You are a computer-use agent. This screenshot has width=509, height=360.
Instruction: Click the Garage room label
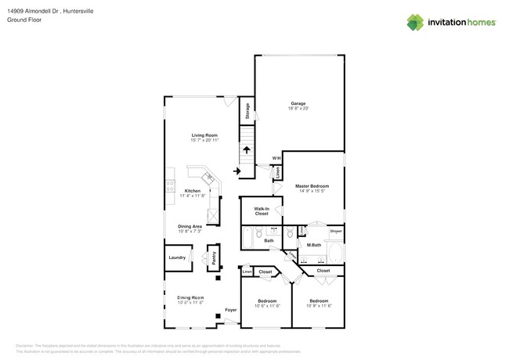pyautogui.click(x=298, y=103)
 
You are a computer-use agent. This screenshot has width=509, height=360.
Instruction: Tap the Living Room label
pyautogui.click(x=204, y=135)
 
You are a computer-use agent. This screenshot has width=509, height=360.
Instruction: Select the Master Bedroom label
pyautogui.click(x=312, y=185)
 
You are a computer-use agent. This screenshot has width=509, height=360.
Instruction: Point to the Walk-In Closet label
pyautogui.click(x=261, y=211)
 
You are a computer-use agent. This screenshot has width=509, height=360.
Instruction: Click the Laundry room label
pyautogui.click(x=176, y=257)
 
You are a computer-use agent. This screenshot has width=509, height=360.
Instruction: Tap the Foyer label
pyautogui.click(x=231, y=310)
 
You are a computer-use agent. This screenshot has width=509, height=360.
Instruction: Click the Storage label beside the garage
pyautogui.click(x=246, y=111)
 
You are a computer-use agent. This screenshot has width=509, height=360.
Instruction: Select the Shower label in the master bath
pyautogui.click(x=335, y=232)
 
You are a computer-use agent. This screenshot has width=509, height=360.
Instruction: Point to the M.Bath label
pyautogui.click(x=315, y=246)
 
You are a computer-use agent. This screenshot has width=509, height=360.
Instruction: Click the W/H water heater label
pyautogui.click(x=276, y=159)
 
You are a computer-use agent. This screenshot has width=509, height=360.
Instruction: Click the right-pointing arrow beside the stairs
pyautogui.click(x=237, y=171)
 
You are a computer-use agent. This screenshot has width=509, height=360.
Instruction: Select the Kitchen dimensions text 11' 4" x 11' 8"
pyautogui.click(x=193, y=196)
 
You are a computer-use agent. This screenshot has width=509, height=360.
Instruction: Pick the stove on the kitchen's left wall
pyautogui.click(x=169, y=186)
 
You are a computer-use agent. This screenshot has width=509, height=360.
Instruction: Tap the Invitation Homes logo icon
pyautogui.click(x=416, y=22)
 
